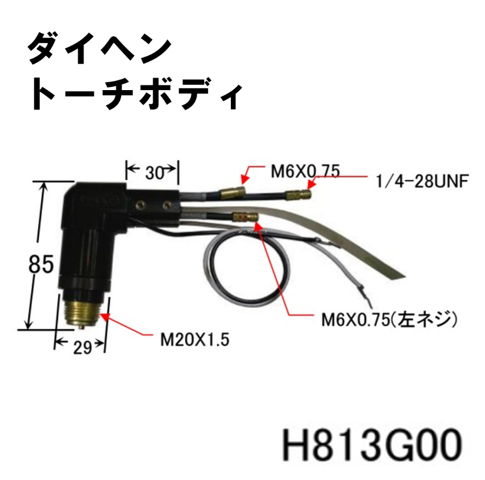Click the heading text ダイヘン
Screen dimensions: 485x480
point(99,48)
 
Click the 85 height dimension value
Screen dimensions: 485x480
point(42,263)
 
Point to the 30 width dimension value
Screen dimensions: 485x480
point(153,172)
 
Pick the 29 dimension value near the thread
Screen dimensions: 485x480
point(80,347)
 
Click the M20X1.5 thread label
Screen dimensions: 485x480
point(195,339)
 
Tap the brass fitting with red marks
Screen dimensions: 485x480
point(245,217)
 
